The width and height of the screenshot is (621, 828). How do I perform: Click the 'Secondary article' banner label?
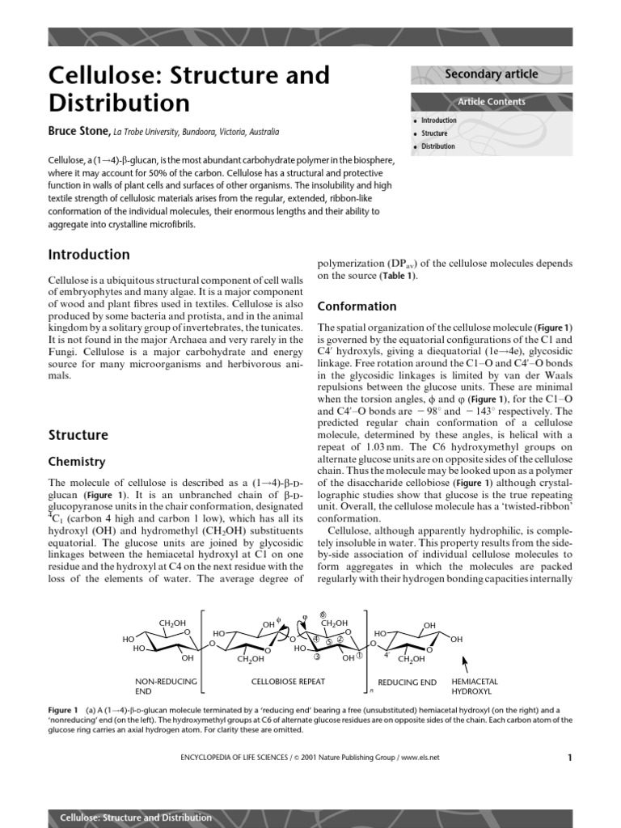492,74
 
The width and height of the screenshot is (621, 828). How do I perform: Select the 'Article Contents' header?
492,102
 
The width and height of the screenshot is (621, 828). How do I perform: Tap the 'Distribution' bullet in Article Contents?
437,146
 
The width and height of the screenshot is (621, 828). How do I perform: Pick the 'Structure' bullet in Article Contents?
434,133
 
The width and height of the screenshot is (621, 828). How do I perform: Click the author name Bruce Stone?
78,131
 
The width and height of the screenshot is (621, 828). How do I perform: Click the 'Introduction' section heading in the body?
89,255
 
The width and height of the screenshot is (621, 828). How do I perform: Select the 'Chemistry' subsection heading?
77,462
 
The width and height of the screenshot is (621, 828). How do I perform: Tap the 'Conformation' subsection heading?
357,306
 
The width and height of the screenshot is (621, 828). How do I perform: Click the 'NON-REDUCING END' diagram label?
167,686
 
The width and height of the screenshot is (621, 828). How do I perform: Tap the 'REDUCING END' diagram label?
408,682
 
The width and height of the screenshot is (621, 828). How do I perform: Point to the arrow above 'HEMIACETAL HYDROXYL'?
464,665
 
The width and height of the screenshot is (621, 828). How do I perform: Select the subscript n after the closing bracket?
370,691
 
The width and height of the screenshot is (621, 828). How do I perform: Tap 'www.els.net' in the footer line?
420,758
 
